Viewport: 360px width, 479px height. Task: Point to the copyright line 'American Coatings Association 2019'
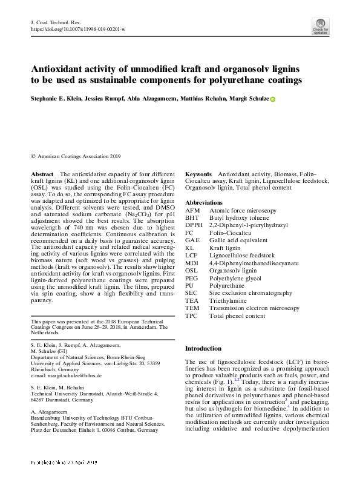tap(79, 156)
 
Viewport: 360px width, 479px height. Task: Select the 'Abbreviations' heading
tap(204, 202)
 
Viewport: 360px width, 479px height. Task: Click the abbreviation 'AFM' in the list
tap(192, 210)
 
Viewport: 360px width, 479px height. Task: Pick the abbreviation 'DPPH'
tap(195, 225)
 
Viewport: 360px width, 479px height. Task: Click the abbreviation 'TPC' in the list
tap(192, 315)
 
